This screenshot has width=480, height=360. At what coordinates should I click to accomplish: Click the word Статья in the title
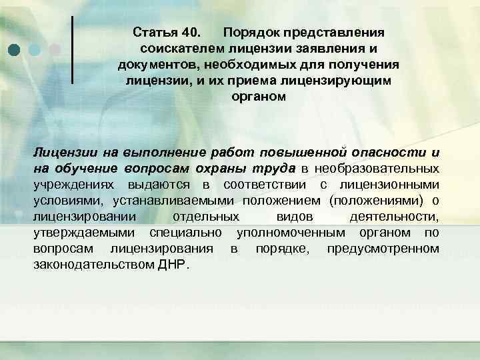tap(155, 33)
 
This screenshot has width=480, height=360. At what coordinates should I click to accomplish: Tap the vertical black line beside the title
tap(71, 50)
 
